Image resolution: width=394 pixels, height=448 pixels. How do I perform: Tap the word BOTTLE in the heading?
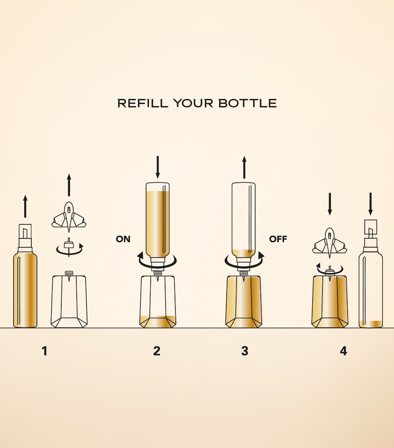248,103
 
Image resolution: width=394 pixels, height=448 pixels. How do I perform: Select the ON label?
123,239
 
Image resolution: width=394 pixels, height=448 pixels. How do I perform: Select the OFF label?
278,239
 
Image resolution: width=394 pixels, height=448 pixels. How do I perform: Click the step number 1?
44,351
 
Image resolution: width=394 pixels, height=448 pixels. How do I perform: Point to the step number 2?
156,351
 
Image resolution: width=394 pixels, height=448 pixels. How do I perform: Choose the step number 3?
244,351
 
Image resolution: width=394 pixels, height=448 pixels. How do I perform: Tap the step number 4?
344,351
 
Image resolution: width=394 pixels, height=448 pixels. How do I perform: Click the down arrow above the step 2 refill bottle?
157,167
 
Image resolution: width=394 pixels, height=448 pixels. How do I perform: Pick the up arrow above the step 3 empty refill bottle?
244,168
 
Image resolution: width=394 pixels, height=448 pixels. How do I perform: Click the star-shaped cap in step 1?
68,217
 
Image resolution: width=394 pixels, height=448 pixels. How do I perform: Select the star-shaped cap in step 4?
330,242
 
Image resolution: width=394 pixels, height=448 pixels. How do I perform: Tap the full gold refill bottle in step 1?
25,276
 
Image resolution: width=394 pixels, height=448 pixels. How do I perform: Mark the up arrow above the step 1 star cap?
68,185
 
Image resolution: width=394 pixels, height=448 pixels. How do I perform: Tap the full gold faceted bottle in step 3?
244,302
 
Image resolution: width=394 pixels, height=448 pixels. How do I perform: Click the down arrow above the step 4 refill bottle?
370,204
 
